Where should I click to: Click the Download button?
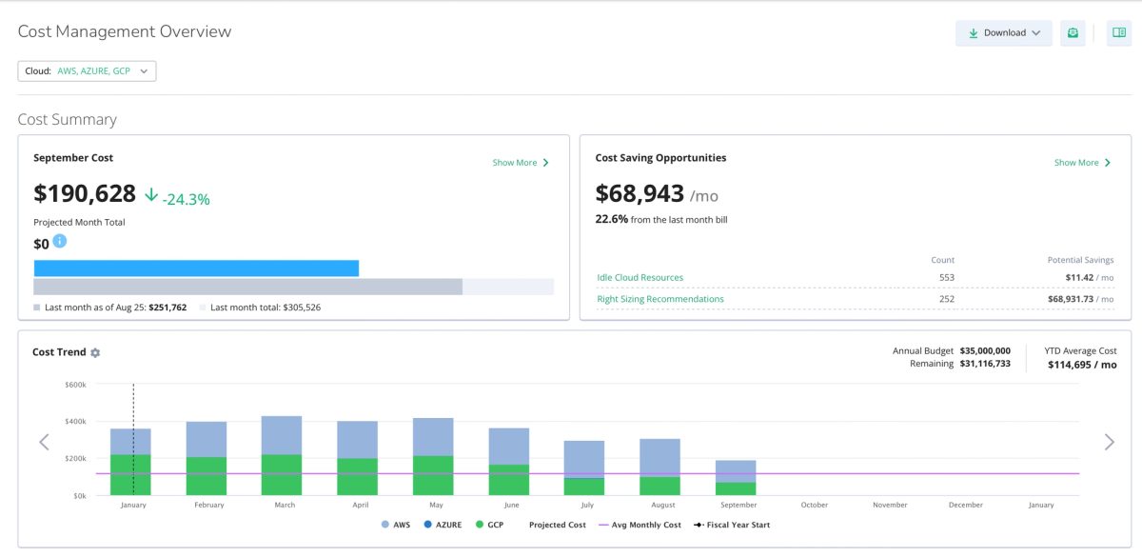click(x=1003, y=33)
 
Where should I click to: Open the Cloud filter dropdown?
click(x=87, y=70)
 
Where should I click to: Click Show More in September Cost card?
click(x=521, y=163)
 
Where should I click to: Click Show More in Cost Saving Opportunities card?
click(x=1082, y=163)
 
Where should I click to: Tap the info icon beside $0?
click(x=60, y=241)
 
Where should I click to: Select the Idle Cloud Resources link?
click(x=640, y=277)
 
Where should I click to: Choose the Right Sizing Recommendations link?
click(x=660, y=299)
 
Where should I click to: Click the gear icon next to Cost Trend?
click(x=95, y=352)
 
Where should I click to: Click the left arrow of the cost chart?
click(x=45, y=442)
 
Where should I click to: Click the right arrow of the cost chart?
click(x=1110, y=442)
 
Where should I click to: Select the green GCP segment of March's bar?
click(x=282, y=475)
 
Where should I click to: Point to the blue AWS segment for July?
click(x=584, y=460)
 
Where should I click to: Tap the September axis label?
click(x=738, y=505)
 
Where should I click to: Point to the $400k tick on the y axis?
click(x=75, y=421)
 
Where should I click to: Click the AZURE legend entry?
click(x=443, y=525)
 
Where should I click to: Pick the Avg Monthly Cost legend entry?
click(x=640, y=525)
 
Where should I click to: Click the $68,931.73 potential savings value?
click(x=1071, y=299)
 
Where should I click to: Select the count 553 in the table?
click(x=947, y=277)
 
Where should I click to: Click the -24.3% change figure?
click(x=187, y=199)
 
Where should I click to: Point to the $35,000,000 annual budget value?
click(x=985, y=351)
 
